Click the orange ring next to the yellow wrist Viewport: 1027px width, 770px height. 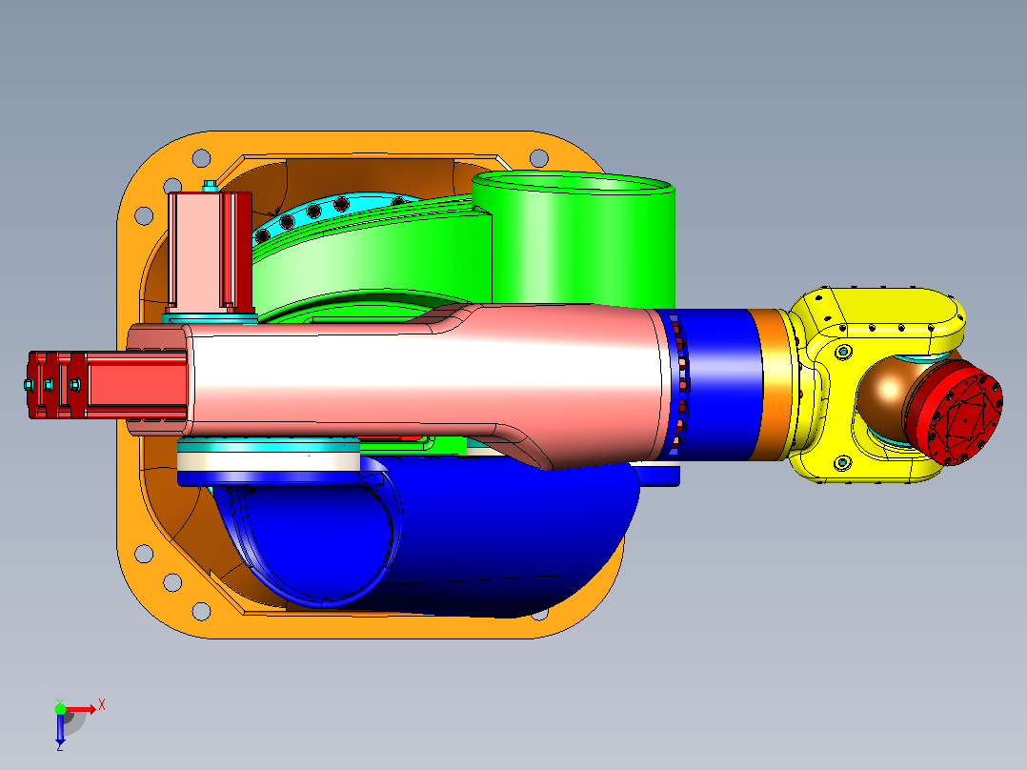[776, 384]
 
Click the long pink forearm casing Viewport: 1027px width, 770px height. [419, 387]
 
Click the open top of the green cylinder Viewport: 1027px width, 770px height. [574, 183]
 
